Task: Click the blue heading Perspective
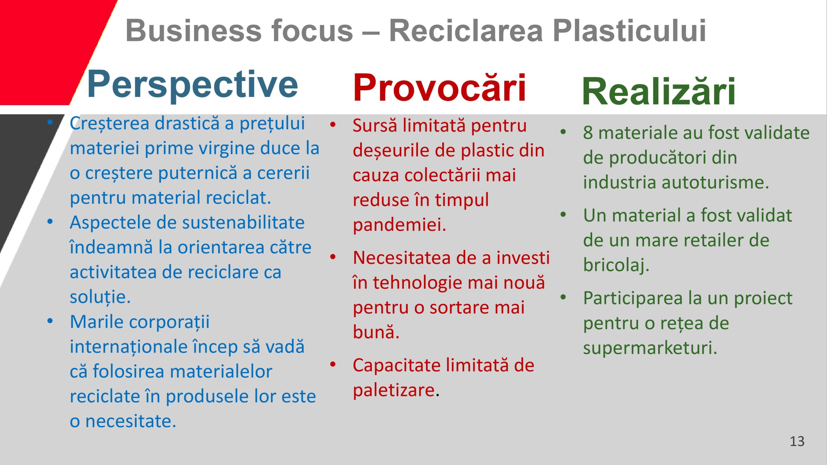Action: [193, 85]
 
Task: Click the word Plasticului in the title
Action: [629, 30]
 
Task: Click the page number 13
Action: [797, 441]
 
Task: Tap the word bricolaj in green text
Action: [616, 265]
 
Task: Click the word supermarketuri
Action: [650, 348]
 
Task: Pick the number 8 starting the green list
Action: [588, 132]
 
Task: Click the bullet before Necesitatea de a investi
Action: [333, 257]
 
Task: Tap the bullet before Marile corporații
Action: [50, 321]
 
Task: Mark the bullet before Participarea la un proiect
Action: [563, 297]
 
